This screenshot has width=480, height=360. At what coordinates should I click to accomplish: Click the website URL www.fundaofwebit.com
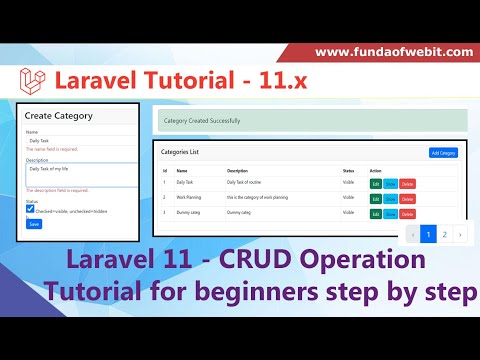click(393, 51)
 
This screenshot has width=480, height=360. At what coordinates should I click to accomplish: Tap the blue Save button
click(34, 224)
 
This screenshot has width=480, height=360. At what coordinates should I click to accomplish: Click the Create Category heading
click(58, 116)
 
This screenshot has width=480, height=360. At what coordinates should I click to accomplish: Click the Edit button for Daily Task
click(376, 184)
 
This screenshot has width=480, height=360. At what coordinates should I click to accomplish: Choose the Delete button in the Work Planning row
click(407, 199)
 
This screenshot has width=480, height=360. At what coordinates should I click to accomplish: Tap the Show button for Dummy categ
click(390, 214)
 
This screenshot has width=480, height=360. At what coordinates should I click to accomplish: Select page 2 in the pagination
click(444, 234)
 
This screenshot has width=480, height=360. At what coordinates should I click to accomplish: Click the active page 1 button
click(428, 234)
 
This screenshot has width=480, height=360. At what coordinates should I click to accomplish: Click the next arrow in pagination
click(459, 234)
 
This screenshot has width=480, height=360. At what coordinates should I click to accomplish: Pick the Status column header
click(348, 170)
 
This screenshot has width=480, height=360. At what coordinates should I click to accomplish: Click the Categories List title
click(181, 152)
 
